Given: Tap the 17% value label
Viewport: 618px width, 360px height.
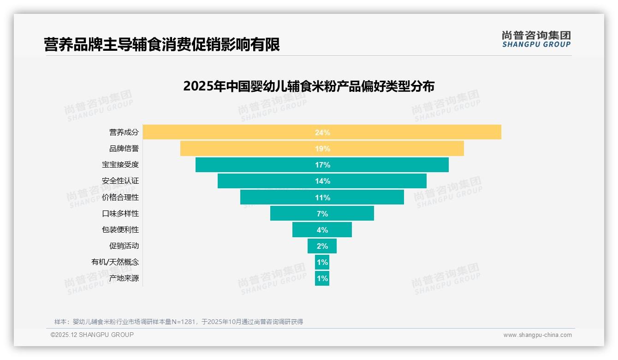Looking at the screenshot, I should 322,165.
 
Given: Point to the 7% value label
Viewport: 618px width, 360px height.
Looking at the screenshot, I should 322,214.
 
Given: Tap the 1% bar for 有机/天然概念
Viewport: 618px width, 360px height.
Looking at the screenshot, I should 322,262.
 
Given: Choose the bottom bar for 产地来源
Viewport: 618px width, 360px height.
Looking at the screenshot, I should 322,278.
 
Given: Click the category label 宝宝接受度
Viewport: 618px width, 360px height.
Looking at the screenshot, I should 120,165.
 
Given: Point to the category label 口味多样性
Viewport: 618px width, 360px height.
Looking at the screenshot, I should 120,214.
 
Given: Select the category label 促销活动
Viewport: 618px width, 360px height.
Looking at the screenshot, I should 124,246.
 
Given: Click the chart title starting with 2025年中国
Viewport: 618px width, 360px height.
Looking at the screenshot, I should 309,86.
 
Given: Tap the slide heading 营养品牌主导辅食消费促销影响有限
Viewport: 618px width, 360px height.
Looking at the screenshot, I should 162,45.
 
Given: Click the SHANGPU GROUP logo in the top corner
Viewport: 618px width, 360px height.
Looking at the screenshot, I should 536,39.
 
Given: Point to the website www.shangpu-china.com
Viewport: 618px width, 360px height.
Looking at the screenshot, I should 537,335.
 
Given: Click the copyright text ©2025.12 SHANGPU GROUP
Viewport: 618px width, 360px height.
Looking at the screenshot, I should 92,335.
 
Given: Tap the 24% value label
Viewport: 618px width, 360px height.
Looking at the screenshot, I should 322,132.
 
